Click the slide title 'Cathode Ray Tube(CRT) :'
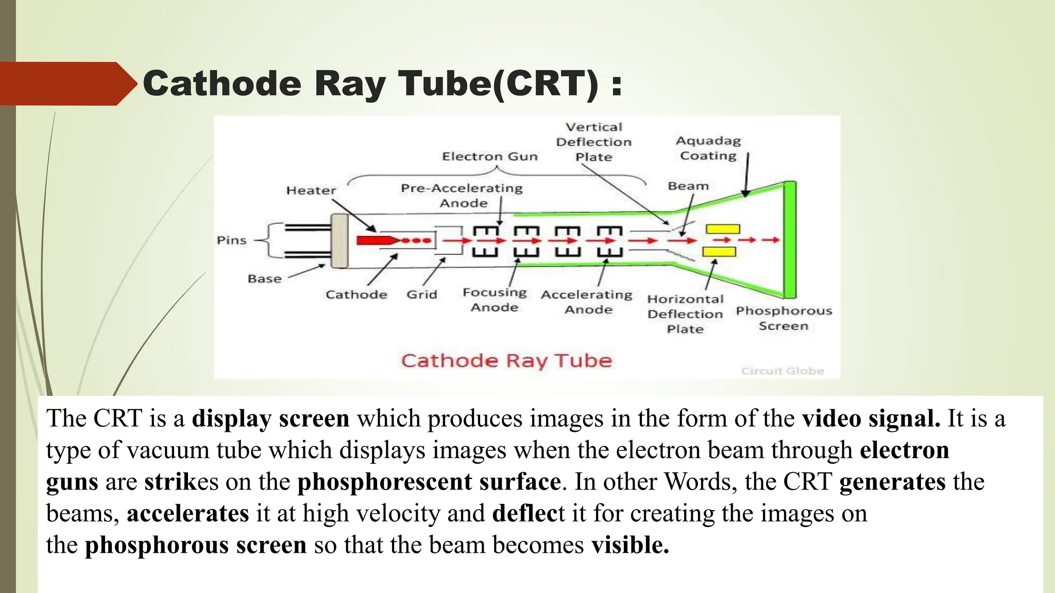coord(382,83)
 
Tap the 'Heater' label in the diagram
coord(311,190)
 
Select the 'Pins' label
coord(231,240)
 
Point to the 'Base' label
coord(264,278)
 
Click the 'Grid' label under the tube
coord(421,294)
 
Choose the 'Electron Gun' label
coord(489,156)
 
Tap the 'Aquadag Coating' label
coord(708,148)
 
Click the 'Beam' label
coord(688,186)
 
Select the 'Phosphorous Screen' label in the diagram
coord(784,318)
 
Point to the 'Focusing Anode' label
coord(495,300)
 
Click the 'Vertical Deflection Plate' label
coord(593,142)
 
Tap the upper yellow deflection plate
coord(723,229)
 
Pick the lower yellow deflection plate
coord(719,252)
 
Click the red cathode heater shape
coord(375,240)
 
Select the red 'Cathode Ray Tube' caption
coord(506,360)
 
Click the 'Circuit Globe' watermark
coord(782,371)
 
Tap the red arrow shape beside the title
coord(67,84)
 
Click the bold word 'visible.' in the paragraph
coord(630,545)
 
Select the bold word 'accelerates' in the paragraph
coord(188,513)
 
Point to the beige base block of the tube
coord(339,241)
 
